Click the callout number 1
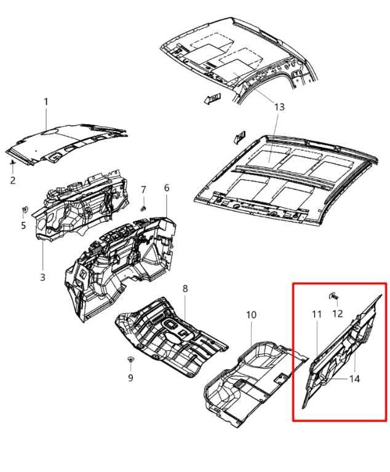(45, 101)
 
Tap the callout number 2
(12, 180)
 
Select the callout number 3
(42, 277)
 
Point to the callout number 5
(23, 226)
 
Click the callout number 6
(166, 188)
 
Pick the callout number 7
(143, 189)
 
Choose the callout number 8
(185, 289)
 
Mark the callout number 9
(130, 378)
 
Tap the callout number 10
(251, 315)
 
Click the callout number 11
(317, 315)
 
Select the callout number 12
(338, 313)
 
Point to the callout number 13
(279, 107)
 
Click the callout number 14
(354, 379)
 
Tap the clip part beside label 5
(24, 210)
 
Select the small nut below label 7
(143, 208)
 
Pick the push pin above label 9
(130, 358)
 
